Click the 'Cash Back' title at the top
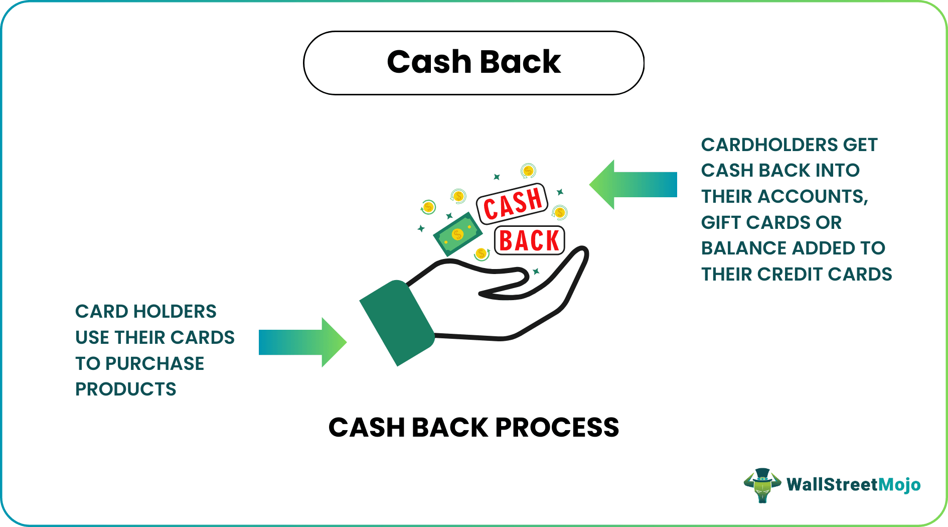tap(473, 62)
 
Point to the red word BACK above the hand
tap(529, 241)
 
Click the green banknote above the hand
tap(457, 234)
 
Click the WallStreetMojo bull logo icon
tap(762, 485)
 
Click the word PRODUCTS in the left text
tap(125, 389)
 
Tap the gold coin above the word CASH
tap(528, 171)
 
